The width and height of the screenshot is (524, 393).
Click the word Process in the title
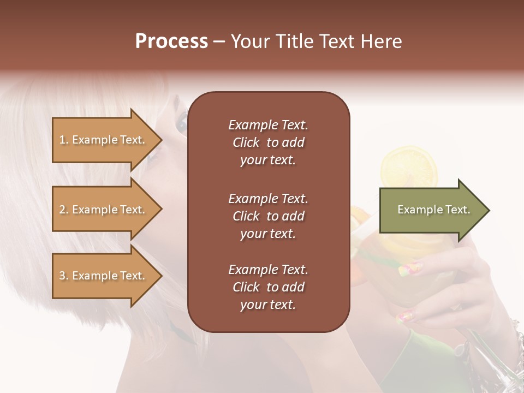171,41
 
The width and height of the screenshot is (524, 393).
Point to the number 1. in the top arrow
64,140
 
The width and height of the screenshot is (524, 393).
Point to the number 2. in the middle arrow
64,210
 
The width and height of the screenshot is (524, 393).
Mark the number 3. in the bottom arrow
64,276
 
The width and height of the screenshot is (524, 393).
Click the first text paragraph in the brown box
268,142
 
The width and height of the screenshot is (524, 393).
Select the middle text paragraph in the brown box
268,216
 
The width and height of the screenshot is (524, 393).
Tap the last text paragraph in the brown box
268,287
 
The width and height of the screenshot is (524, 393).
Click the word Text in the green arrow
457,210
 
